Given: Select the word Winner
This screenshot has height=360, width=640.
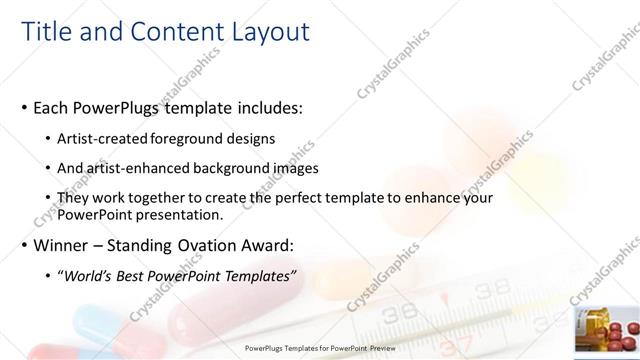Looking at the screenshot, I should coord(62,245).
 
